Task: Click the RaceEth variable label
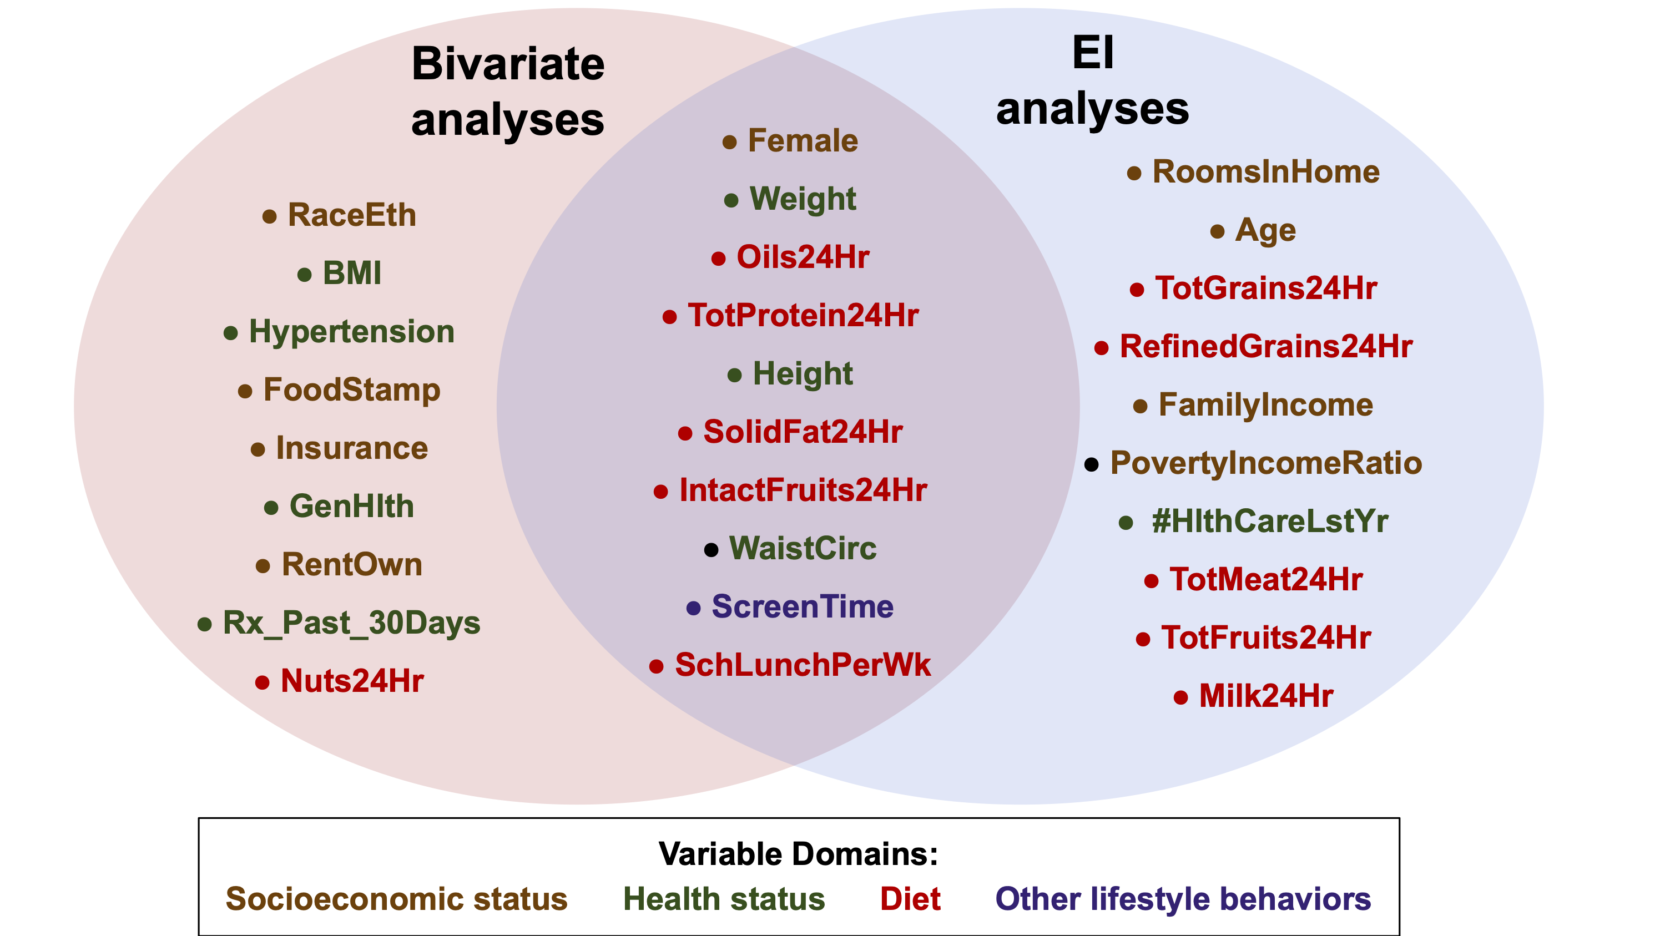[352, 215]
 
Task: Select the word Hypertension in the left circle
[352, 332]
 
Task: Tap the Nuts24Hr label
[352, 681]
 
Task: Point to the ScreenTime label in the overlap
[803, 606]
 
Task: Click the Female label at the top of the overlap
[803, 141]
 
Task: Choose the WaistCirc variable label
[803, 548]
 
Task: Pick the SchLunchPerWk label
[803, 665]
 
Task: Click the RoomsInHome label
[1266, 172]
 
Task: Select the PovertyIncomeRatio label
[1266, 463]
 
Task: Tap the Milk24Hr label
[1266, 696]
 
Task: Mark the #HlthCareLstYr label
[1270, 522]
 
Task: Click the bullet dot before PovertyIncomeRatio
[1091, 464]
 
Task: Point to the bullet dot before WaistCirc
[711, 550]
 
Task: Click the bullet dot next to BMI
[305, 275]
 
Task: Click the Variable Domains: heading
[798, 854]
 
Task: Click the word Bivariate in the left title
[508, 64]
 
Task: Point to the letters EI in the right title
[1093, 52]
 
